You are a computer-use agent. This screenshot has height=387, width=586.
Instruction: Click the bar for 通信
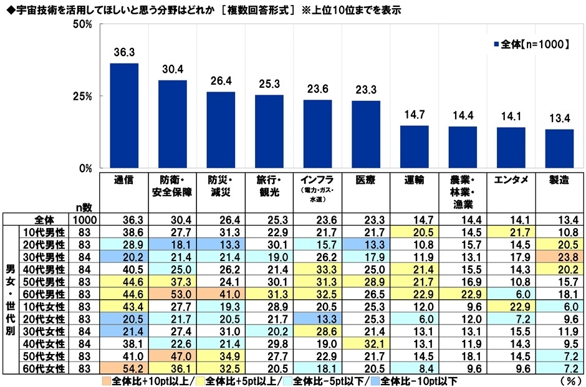click(124, 116)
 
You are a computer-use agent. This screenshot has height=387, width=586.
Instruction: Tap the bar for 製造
click(559, 149)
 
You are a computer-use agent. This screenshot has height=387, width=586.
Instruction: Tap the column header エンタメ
click(511, 180)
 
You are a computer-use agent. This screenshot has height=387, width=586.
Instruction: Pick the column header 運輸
click(415, 180)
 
